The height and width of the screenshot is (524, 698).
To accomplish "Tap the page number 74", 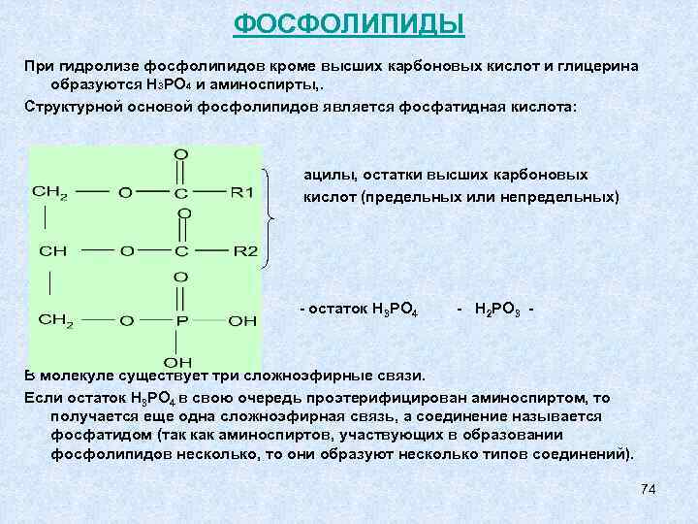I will coord(649,489).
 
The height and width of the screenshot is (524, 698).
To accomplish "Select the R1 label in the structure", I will coord(241,192).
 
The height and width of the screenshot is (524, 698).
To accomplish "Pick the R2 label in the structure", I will coord(245,251).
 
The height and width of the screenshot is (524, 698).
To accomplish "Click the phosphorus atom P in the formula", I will coord(181,319).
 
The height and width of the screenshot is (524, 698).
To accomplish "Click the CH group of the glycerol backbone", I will coord(52,251).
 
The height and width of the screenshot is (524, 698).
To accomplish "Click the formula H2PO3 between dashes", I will coord(499,310).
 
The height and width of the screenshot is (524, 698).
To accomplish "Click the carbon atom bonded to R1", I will coord(181,192).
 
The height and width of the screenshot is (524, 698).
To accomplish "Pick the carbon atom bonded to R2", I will coord(181,251).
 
